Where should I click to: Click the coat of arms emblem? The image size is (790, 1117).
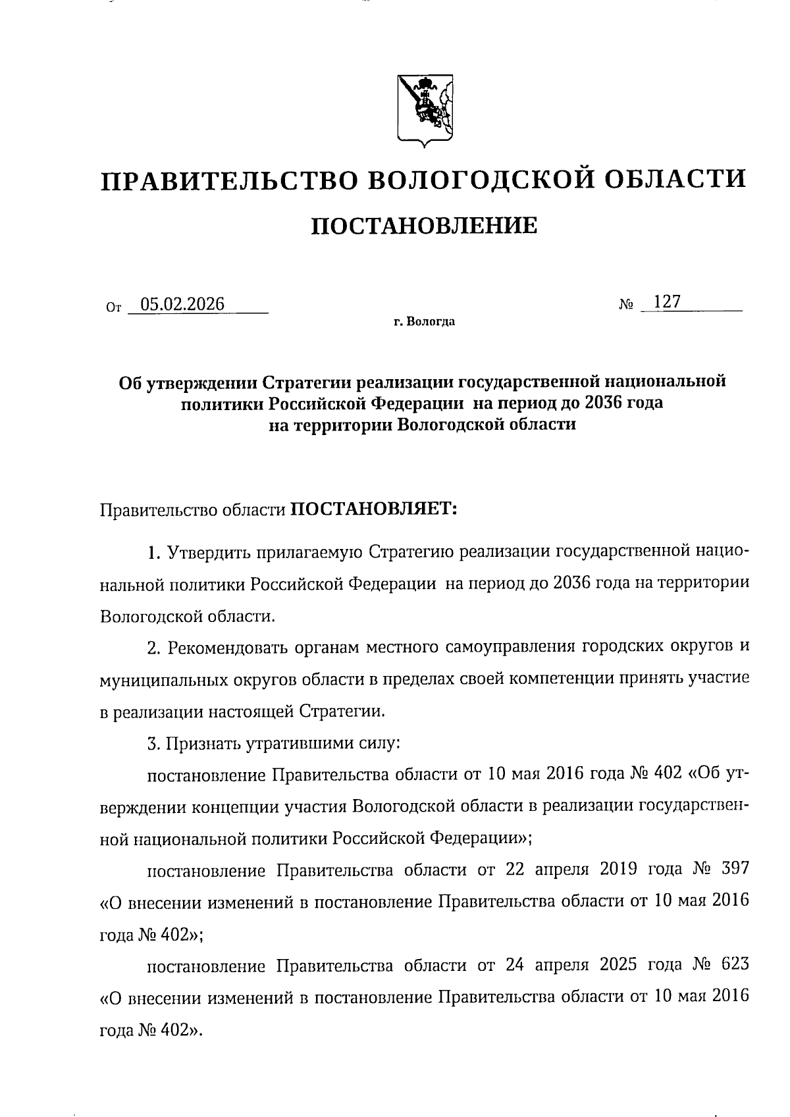[425, 109]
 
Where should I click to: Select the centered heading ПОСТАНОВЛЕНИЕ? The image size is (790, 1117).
[424, 226]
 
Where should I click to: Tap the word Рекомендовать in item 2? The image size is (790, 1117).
[226, 648]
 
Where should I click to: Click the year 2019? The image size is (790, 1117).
[618, 870]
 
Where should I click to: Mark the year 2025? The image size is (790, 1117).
[618, 965]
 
